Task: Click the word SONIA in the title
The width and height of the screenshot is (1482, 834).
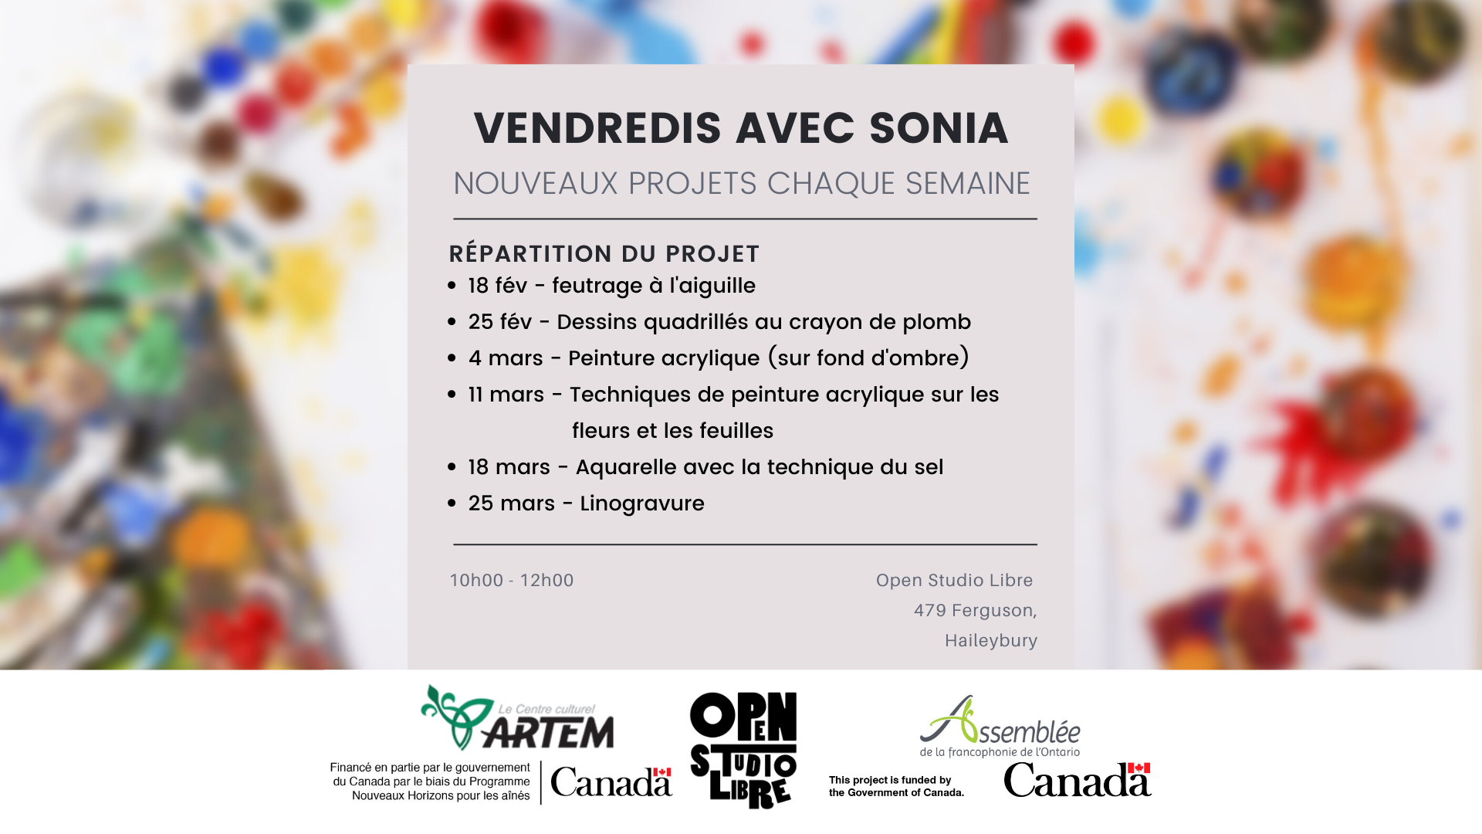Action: (939, 128)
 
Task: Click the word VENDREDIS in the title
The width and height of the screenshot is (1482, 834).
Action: (597, 128)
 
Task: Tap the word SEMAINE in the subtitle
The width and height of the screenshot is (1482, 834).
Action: (967, 184)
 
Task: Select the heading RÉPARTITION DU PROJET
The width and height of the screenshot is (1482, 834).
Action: (604, 254)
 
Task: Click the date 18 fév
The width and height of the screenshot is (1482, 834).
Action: (497, 286)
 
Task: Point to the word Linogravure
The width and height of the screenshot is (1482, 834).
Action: (641, 503)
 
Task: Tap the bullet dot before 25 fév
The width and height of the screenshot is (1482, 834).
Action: (452, 322)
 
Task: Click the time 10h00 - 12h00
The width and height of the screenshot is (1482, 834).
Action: (512, 581)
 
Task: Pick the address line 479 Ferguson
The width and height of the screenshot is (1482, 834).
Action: (974, 611)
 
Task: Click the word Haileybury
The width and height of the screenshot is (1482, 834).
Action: (990, 641)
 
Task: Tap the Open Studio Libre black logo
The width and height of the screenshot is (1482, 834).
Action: (743, 749)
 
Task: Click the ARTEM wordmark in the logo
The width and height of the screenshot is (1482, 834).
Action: (548, 732)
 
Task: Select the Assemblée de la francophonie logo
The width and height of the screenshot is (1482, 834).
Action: (1000, 727)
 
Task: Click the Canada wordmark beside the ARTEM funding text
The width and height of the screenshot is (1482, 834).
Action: (611, 783)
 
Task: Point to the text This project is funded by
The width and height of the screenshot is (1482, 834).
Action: (890, 780)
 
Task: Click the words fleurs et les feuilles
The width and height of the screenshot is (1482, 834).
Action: (672, 431)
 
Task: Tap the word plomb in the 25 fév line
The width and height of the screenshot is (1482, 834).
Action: (936, 322)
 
